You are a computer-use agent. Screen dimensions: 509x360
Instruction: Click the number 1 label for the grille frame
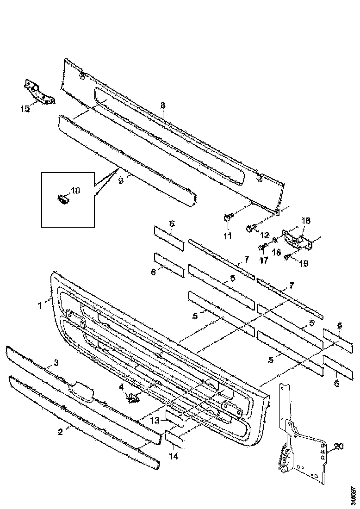(x=40, y=305)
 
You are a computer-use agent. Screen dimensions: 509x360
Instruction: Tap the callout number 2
(x=60, y=433)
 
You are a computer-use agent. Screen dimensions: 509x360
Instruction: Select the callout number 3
(x=56, y=363)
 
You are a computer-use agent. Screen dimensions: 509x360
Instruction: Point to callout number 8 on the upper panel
(x=162, y=106)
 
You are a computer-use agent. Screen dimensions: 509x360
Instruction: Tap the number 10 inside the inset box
(x=75, y=190)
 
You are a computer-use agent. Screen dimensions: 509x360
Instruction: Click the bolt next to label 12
(x=250, y=228)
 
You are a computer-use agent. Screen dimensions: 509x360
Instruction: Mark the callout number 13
(x=155, y=420)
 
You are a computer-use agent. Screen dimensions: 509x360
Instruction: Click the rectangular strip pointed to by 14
(x=174, y=438)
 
